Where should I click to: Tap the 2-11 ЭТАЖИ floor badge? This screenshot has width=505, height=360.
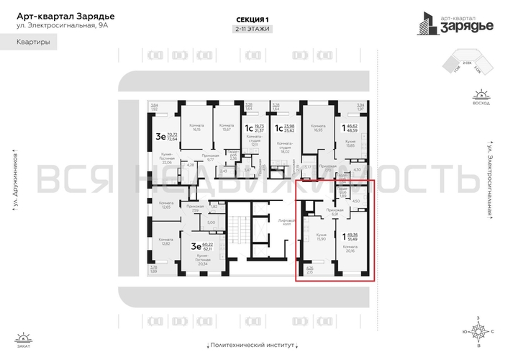coord(252,30)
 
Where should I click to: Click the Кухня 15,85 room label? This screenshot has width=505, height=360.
coord(351,144)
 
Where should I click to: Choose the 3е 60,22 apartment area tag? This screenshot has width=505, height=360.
coord(199,246)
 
